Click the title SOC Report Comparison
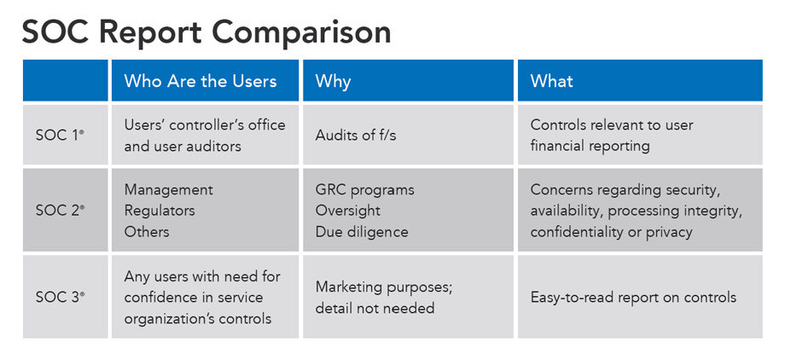206,32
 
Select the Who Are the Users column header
201,81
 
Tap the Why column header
333,82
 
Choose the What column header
551,81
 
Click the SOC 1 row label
60,135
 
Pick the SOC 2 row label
60,211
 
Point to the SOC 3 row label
60,297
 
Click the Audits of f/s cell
356,135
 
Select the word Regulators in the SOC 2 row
160,211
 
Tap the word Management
169,189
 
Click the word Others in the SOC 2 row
147,231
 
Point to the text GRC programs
364,190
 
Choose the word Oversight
347,211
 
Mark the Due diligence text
362,232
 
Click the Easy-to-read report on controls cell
633,298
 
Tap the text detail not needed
375,308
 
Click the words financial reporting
590,146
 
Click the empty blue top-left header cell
65,80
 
